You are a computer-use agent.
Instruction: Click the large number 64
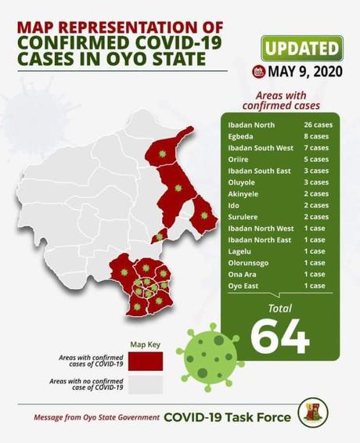click(279, 334)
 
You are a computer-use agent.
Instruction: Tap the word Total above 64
click(279, 308)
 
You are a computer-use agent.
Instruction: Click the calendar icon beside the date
click(258, 71)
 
